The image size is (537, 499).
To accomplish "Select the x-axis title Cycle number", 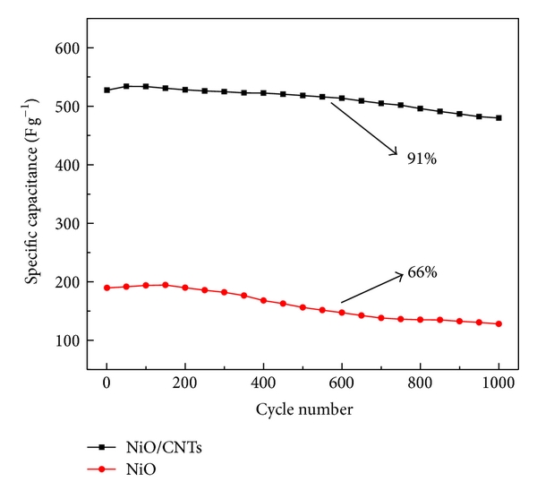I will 303,410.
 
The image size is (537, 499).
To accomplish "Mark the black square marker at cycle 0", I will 107,90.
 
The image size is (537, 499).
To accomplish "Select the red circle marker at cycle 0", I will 107,288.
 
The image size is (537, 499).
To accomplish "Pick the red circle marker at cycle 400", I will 263,300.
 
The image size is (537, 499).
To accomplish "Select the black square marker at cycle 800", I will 420,108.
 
